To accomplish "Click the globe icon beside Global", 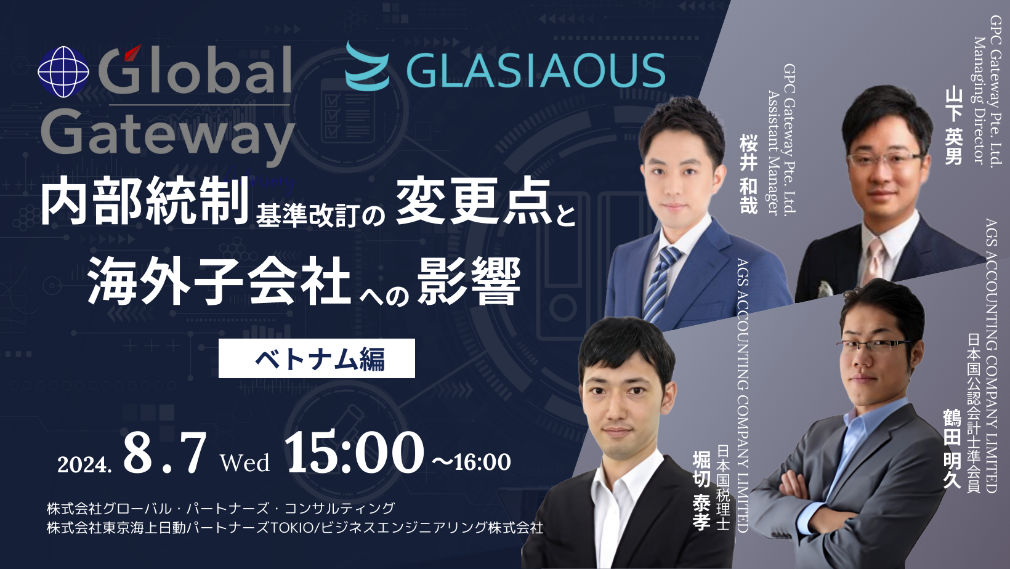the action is (63, 72).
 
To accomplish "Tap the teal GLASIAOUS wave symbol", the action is (367, 66).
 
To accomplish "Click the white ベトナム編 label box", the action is (317, 358).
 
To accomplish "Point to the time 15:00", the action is (353, 453).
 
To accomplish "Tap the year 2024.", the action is (84, 464).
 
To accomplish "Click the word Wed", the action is (245, 462).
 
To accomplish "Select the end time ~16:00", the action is (471, 462).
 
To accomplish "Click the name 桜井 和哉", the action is (748, 175).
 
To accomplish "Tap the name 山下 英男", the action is (953, 127).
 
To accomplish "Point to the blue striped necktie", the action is (659, 284).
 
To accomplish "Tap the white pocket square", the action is (823, 289).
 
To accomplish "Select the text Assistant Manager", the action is (774, 152).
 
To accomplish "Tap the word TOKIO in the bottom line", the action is (291, 528).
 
